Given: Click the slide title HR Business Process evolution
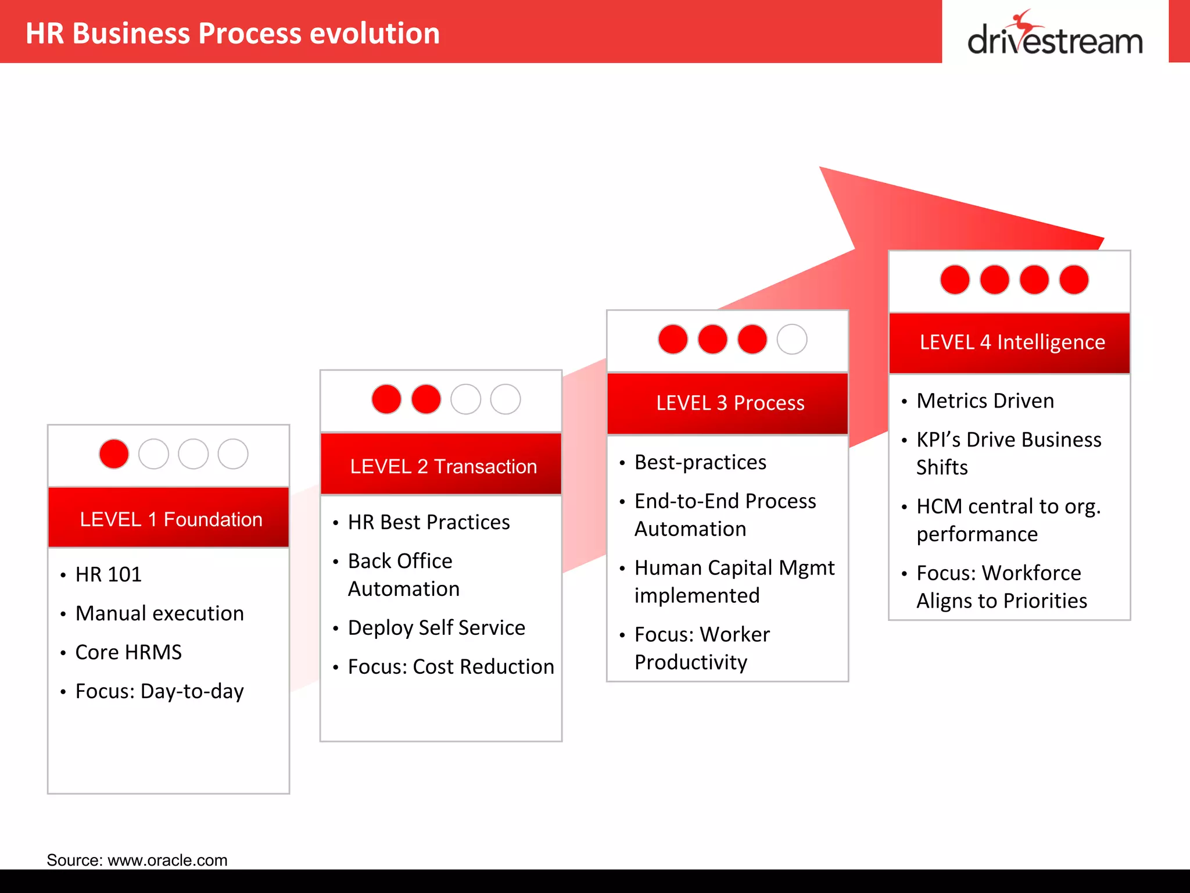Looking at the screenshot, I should tap(232, 33).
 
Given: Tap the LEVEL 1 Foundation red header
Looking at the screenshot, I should tap(169, 517).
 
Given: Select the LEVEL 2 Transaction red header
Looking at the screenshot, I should tap(441, 465).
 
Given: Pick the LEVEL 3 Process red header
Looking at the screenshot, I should tap(727, 403).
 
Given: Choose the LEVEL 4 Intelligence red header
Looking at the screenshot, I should tap(1010, 343).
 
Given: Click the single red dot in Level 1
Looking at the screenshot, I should tap(114, 454).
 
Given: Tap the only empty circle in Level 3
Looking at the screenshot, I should tap(792, 340).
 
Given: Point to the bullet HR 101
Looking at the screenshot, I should tap(109, 574).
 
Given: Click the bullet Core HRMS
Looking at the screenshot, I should tap(128, 652).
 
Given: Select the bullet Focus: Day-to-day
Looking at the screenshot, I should tap(160, 691).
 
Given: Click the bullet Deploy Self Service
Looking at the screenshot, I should tap(436, 628).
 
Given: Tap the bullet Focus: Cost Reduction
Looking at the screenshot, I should tap(451, 667).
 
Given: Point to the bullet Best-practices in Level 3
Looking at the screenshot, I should tap(700, 462).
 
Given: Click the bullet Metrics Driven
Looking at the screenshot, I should tap(985, 401).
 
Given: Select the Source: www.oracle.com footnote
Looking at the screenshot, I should tap(137, 860).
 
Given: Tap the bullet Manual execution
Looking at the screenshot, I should tap(160, 613).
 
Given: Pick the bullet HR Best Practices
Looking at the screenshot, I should tap(429, 522).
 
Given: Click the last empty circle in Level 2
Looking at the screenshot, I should tap(506, 399).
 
